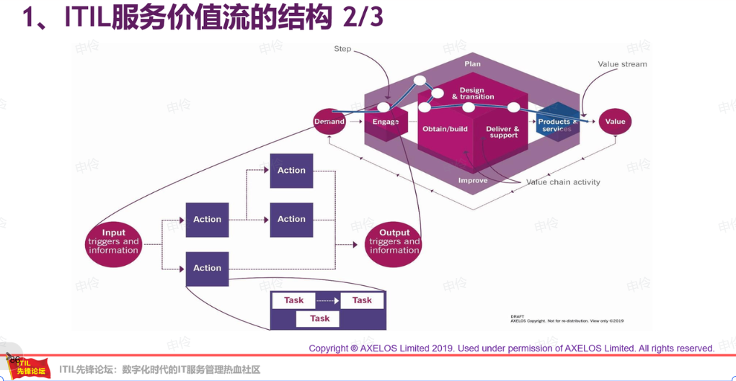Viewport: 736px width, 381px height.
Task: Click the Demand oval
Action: coord(329,122)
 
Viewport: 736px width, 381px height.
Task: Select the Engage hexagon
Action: coord(386,122)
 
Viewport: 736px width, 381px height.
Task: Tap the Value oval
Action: coord(615,122)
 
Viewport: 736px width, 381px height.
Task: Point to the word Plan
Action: coord(472,64)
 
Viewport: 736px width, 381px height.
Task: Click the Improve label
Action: coord(473,180)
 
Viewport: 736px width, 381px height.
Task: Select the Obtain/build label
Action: coord(445,130)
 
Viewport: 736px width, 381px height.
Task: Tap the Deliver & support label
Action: coord(502,133)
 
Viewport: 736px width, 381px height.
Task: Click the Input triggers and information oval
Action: coord(113,241)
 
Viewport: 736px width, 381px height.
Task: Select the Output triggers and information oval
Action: coord(394,241)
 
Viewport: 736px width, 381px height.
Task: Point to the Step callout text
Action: coord(342,49)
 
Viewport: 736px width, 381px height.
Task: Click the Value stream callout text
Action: coord(622,64)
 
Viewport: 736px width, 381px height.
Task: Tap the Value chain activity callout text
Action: coord(563,182)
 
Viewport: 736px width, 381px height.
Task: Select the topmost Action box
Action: coord(291,171)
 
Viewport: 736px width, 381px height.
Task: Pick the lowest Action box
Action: coord(207,268)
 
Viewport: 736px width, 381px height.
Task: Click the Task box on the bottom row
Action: coord(319,318)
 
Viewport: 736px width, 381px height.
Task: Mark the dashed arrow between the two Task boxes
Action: coord(327,300)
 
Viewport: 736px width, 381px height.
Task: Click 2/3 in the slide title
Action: coord(363,17)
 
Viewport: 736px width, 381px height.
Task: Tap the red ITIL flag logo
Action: coord(30,367)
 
